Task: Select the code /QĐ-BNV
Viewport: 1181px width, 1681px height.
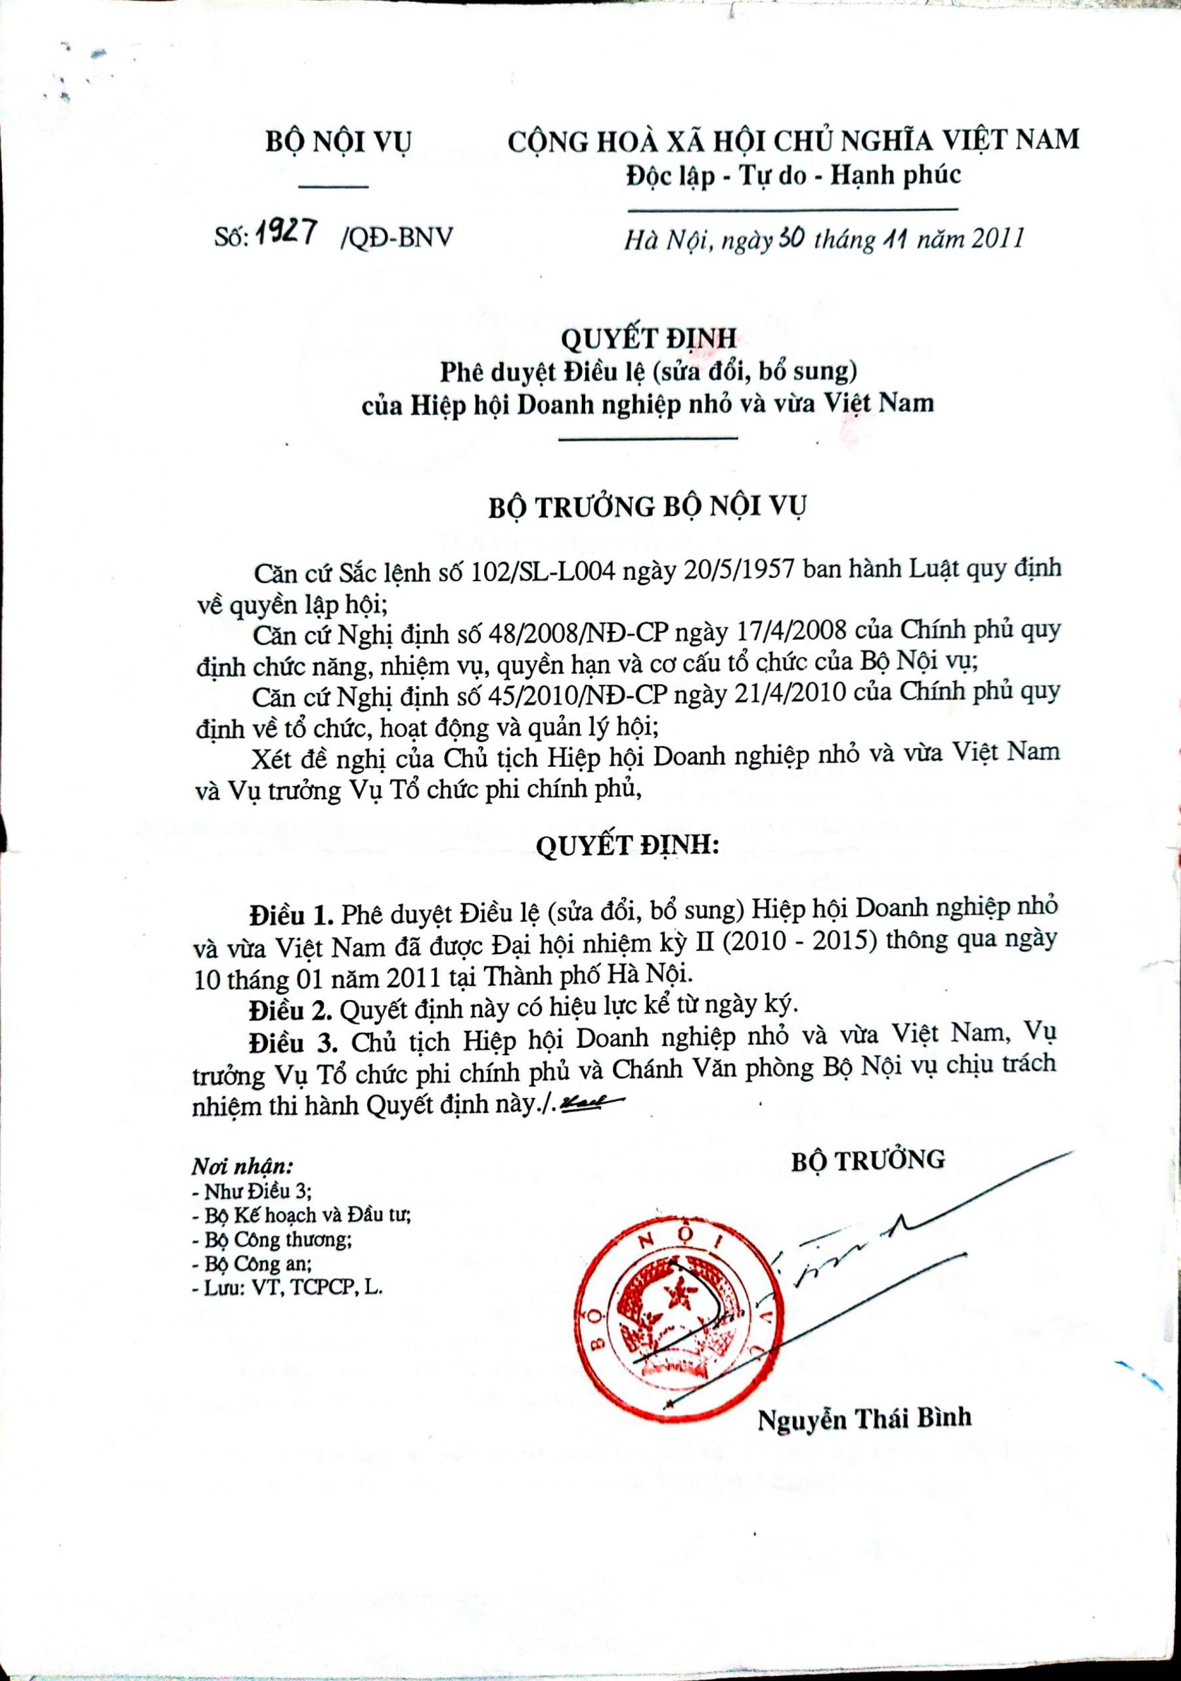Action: click(396, 237)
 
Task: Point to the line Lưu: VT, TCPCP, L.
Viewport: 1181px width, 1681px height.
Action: click(286, 1288)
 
